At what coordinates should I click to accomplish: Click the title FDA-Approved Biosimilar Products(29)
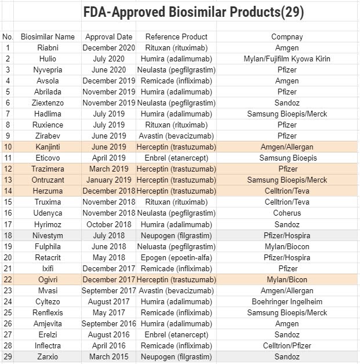(x=193, y=12)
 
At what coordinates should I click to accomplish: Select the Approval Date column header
(x=108, y=37)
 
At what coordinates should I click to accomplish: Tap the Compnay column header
(x=287, y=37)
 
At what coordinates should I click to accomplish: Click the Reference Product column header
(x=176, y=37)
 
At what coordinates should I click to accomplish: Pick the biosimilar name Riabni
(x=48, y=48)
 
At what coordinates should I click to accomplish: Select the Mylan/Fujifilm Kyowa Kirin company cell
(x=287, y=59)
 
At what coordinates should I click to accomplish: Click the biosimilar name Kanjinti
(x=48, y=147)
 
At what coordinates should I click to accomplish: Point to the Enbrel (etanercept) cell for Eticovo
(x=176, y=158)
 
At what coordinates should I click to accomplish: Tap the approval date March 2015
(x=108, y=356)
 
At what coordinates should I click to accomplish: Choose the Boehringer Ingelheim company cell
(x=287, y=301)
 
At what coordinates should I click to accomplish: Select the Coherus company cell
(x=287, y=213)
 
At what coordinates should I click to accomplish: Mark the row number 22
(x=8, y=279)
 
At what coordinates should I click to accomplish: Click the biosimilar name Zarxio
(x=48, y=356)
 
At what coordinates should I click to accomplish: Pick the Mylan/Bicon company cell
(x=287, y=279)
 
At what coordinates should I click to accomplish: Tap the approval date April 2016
(x=108, y=345)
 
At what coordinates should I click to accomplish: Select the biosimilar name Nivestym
(x=48, y=235)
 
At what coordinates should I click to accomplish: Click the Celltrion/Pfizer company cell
(x=287, y=345)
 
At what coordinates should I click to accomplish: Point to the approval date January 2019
(x=108, y=180)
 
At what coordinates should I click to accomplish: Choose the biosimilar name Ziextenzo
(x=48, y=103)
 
